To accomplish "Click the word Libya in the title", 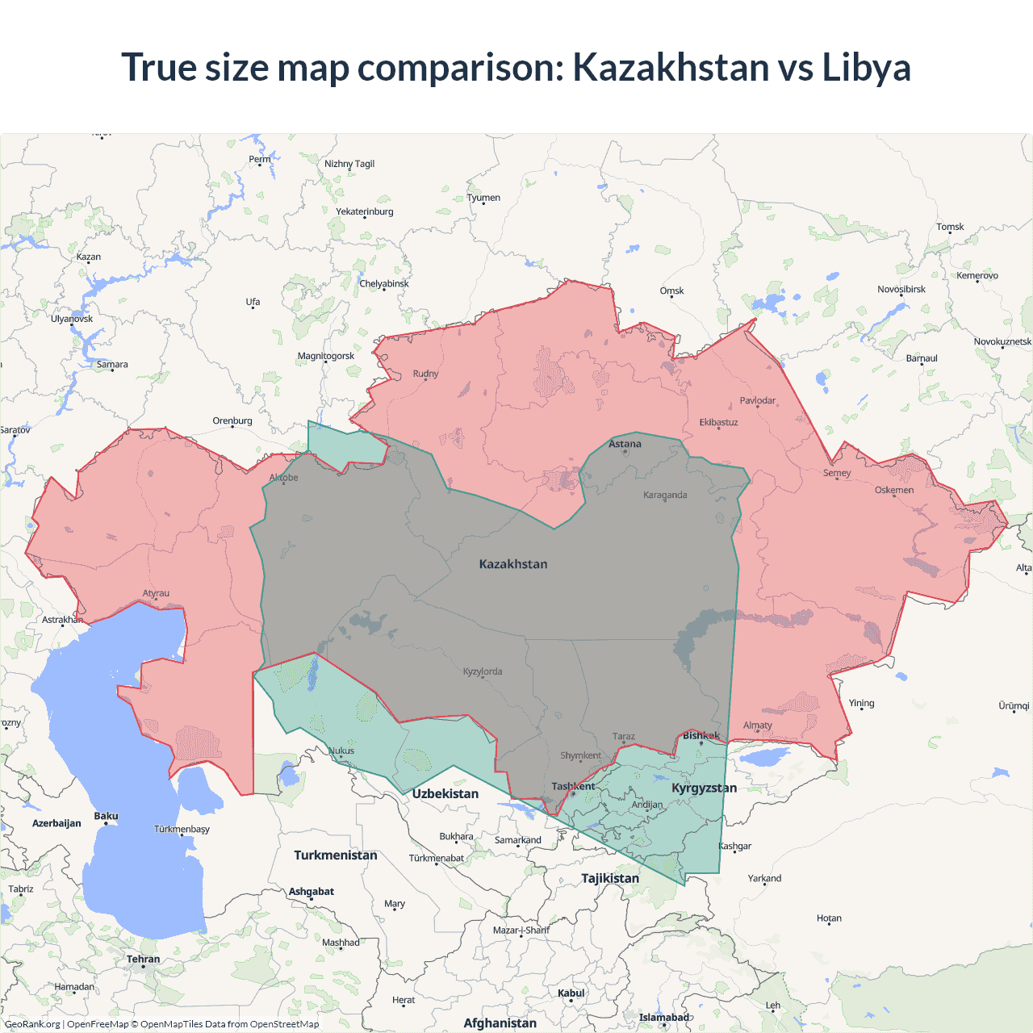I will [x=866, y=67].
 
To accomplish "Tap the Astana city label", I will [x=625, y=444].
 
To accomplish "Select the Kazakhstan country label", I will [x=513, y=564].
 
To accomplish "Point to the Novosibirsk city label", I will [x=901, y=289].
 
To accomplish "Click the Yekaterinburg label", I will [x=365, y=211].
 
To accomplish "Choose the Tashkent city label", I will [x=573, y=786].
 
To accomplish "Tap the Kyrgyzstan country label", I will [x=704, y=788].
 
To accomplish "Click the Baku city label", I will [x=106, y=816].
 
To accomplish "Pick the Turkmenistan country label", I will [x=336, y=855].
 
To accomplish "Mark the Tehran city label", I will [x=143, y=960].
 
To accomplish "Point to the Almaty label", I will [x=757, y=725].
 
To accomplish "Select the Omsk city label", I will [x=671, y=291].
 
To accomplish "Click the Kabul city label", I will [x=571, y=993].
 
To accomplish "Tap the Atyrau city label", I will [x=156, y=593].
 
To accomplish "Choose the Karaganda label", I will [x=665, y=495].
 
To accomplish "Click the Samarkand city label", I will [x=518, y=840].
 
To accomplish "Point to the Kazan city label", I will [x=89, y=257].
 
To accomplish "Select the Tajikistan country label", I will [x=610, y=878].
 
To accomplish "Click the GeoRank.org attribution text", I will [x=32, y=1024].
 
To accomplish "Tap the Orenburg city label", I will [x=232, y=420].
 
